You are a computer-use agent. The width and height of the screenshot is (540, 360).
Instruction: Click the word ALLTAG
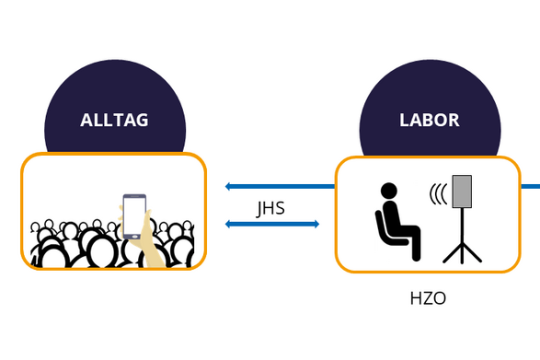[114, 120]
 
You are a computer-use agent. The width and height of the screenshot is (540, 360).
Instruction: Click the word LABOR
[430, 120]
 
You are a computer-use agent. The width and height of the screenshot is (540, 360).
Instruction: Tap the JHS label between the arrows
[270, 209]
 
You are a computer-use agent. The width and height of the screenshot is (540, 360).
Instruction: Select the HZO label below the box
[428, 298]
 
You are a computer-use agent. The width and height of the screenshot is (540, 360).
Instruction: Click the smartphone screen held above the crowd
[134, 215]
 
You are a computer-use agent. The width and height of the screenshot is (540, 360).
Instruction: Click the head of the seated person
[389, 191]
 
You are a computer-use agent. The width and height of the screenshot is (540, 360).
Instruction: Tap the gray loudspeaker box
[462, 192]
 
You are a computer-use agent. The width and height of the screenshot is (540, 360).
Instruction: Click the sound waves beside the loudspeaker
[438, 194]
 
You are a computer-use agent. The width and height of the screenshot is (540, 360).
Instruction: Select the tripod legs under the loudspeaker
[462, 253]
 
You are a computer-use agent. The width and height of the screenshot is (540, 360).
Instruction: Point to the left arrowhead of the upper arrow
[228, 187]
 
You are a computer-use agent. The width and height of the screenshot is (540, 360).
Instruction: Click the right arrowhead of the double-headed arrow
[316, 224]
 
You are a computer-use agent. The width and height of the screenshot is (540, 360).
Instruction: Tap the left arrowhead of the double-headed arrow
[228, 224]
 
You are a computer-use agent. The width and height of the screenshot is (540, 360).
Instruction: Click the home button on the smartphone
[134, 237]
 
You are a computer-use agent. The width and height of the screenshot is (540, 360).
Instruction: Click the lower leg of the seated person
[416, 243]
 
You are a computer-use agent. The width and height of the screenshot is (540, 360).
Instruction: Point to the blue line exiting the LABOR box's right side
[530, 187]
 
